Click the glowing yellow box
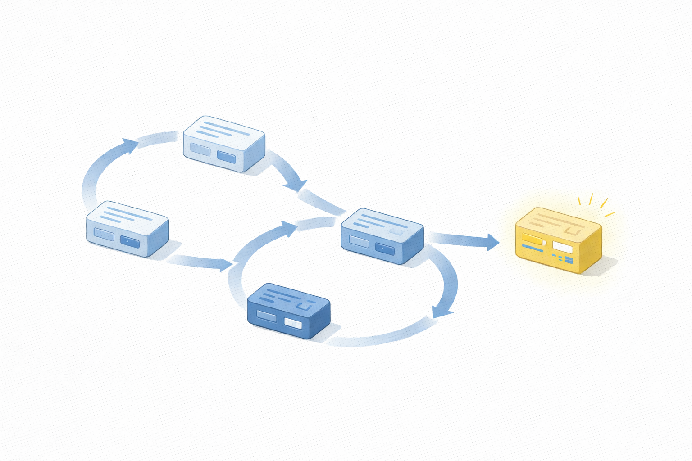click(x=559, y=241)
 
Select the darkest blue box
click(x=289, y=311)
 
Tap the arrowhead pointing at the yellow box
click(x=493, y=242)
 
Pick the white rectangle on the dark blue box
click(x=294, y=323)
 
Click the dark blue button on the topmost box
click(x=226, y=156)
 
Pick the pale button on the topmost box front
click(x=200, y=149)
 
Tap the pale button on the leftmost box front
click(x=103, y=234)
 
